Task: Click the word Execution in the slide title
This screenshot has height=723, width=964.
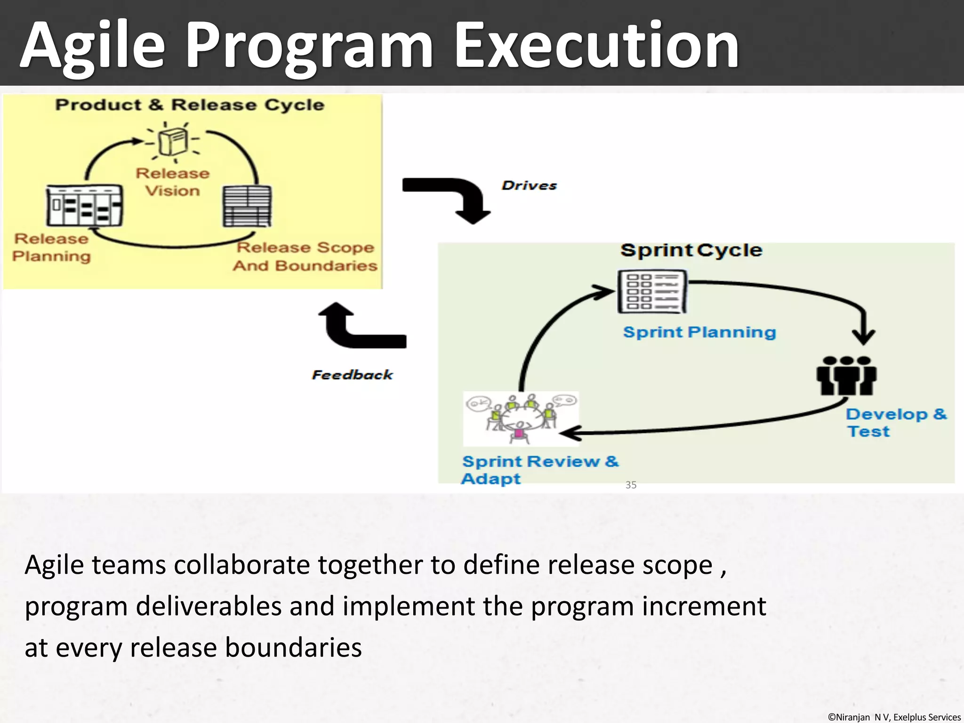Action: (596, 46)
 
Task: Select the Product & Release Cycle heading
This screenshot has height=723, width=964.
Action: (190, 104)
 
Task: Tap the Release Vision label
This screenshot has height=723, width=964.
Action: (172, 182)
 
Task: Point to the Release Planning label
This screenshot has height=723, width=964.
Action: (51, 248)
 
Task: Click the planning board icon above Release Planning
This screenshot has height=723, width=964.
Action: (84, 206)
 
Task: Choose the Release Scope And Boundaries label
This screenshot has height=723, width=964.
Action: (305, 257)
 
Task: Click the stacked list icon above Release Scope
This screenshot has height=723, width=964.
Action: (247, 206)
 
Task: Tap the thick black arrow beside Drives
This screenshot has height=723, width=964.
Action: (452, 195)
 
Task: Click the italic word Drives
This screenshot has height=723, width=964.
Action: (529, 185)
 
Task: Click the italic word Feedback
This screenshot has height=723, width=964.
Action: (352, 375)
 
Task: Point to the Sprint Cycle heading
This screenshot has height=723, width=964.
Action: (691, 250)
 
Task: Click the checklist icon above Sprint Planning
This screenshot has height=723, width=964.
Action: (652, 292)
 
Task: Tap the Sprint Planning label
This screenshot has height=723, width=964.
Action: (699, 332)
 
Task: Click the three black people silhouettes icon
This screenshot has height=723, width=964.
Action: (846, 376)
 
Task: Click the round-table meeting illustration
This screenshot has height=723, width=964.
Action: (521, 418)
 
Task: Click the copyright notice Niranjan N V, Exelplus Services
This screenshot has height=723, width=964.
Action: (894, 717)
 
